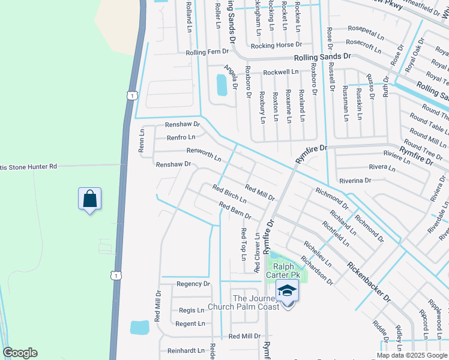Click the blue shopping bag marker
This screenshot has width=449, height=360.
tap(89, 199)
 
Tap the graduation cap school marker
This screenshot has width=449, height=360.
tap(288, 291)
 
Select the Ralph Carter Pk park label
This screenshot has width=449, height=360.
tap(283, 271)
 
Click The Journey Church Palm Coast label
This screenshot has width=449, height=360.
tap(243, 303)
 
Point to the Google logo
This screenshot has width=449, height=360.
tap(20, 353)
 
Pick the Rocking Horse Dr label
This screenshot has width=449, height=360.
tap(276, 45)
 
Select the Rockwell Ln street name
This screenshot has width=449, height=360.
tap(280, 72)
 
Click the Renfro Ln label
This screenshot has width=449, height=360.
tap(181, 137)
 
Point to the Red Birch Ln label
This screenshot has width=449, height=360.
tap(229, 193)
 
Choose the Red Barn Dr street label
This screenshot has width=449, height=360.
tap(235, 211)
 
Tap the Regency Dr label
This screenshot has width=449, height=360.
tap(193, 284)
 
